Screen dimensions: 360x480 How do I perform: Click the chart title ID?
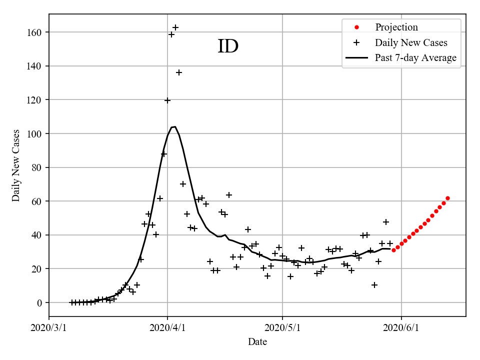(228, 46)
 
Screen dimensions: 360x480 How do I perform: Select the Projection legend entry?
(396, 27)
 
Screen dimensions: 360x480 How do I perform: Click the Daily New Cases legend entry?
(411, 42)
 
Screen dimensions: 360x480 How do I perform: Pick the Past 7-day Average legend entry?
(415, 58)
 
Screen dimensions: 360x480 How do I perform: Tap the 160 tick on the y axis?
(35, 32)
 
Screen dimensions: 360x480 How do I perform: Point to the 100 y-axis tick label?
(35, 134)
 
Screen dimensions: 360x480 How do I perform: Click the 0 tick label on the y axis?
(40, 303)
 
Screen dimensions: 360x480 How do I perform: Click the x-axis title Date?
(257, 342)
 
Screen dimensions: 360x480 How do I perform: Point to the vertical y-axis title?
(16, 165)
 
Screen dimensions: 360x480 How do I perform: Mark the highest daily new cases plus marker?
(175, 27)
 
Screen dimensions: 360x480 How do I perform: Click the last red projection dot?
(447, 198)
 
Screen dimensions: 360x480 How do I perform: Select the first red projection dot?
(393, 250)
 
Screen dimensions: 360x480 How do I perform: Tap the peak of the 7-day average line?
(175, 127)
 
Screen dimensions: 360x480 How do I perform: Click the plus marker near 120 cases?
(167, 100)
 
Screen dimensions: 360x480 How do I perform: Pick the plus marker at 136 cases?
(179, 72)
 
